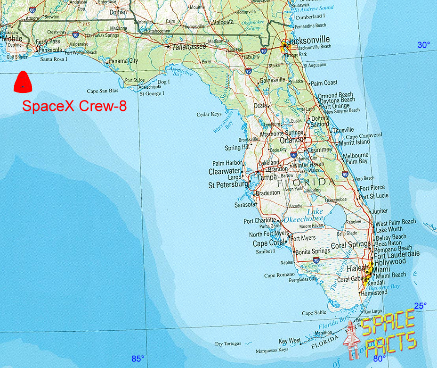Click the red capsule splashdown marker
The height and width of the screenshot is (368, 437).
point(22,82)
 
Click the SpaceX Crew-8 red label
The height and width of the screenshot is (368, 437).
point(74,106)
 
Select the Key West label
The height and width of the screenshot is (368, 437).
point(290,341)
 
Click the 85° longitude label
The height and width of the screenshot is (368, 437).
point(138,359)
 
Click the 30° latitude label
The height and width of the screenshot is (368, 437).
point(423,45)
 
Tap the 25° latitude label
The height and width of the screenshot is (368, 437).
point(420,305)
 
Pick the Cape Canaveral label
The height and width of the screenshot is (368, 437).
point(364,135)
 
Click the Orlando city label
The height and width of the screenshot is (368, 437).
point(291,140)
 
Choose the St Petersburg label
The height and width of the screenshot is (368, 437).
point(228,185)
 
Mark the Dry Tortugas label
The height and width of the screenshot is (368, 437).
point(228,344)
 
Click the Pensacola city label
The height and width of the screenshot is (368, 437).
point(50,50)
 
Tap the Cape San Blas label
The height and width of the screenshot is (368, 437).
point(103,91)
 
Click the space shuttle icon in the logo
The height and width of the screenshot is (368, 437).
point(351,338)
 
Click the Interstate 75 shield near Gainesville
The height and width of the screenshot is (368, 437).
point(248,71)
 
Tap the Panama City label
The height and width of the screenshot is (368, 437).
point(123,61)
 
